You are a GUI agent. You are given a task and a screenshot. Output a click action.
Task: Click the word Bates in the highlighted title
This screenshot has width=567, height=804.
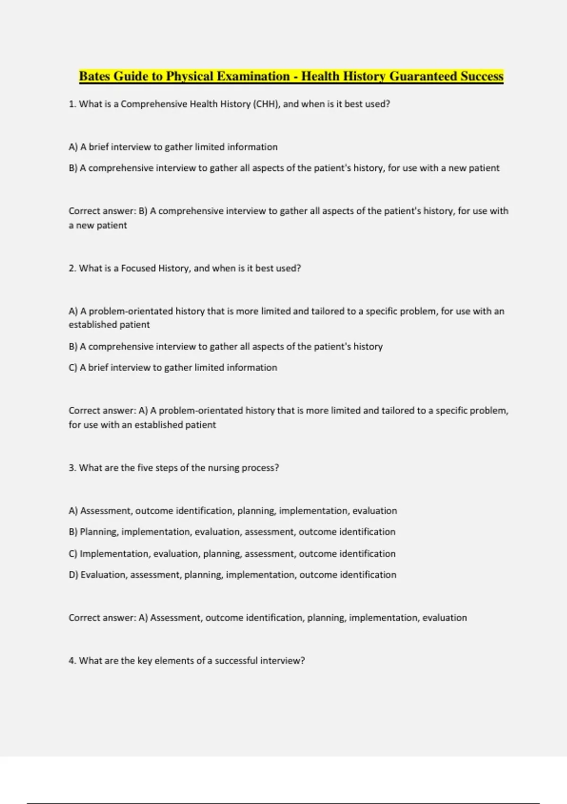(x=94, y=76)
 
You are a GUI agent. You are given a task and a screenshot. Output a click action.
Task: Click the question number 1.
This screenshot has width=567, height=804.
(x=72, y=104)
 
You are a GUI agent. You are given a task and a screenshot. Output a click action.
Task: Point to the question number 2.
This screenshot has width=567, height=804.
(x=72, y=268)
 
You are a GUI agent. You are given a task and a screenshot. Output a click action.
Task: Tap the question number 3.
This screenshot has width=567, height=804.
(x=72, y=468)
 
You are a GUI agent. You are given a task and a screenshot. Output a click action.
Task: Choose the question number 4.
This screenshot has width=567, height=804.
(x=72, y=661)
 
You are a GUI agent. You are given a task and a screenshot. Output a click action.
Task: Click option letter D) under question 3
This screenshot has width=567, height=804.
(x=73, y=575)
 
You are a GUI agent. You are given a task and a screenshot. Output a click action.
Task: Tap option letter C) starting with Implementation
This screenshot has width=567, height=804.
(x=73, y=554)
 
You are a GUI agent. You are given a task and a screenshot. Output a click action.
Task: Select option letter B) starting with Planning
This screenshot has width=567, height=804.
(x=73, y=532)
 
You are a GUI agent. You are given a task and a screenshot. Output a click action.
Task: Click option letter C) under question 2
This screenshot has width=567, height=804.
(x=73, y=367)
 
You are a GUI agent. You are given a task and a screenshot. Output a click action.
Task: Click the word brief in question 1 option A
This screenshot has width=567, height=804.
(x=99, y=147)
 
